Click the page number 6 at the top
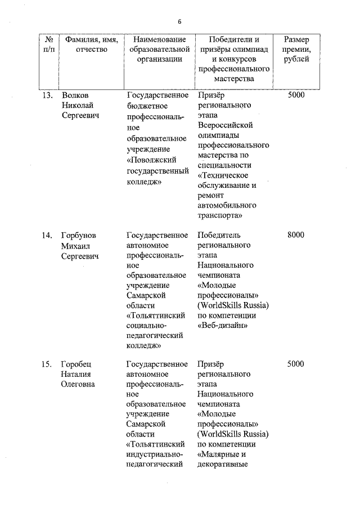[179, 21]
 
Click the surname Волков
[75, 94]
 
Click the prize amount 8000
[295, 235]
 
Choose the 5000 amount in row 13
[295, 94]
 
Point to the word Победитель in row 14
[219, 235]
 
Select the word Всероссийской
[227, 124]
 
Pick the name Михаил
[76, 246]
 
